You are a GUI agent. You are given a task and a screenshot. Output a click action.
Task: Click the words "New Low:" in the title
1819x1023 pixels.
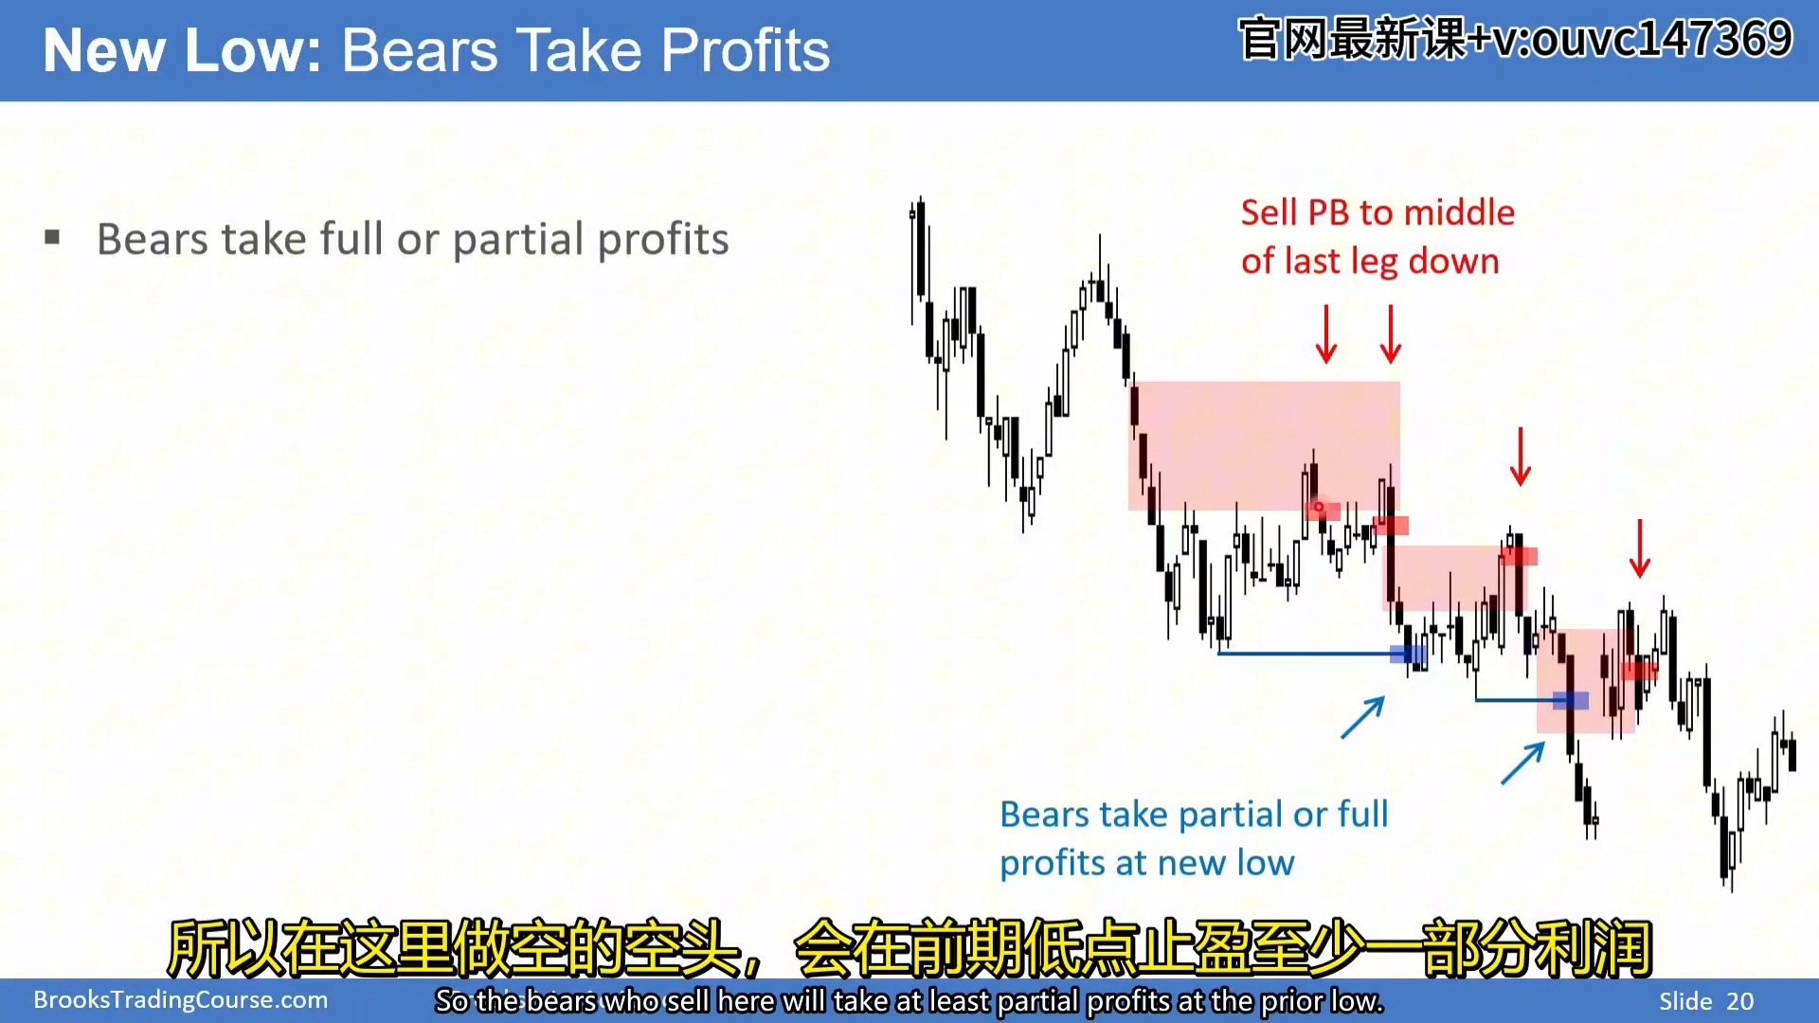pos(182,50)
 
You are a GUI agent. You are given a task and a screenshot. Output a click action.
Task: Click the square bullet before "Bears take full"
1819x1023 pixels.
pos(52,237)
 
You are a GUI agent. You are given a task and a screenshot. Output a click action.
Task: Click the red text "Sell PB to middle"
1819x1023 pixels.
pos(1378,212)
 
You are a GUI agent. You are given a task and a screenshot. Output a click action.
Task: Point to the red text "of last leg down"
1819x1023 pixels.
pos(1370,260)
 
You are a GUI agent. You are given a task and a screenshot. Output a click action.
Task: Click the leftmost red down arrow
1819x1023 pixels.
pos(1326,333)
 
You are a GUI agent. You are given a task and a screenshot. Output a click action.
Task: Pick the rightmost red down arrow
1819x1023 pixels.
pos(1640,548)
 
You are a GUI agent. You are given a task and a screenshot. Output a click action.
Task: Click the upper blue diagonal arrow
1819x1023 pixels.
pos(1363,717)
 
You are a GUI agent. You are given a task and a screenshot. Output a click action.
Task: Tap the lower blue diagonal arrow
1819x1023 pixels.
pos(1523,763)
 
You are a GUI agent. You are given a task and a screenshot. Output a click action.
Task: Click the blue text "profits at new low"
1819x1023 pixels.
pos(1146,863)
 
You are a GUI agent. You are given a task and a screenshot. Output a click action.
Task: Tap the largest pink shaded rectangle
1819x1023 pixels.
pos(1264,446)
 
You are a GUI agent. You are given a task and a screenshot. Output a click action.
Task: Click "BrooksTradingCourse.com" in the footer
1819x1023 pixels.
pos(181,1000)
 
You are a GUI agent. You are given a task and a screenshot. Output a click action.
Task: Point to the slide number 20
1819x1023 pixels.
pos(1740,1001)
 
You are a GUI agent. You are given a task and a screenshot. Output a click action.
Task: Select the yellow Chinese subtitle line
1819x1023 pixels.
pos(909,947)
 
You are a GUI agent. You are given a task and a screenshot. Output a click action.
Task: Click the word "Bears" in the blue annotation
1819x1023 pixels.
pos(1044,815)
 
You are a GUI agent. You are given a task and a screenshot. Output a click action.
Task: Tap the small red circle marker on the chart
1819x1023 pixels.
pos(1318,507)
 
